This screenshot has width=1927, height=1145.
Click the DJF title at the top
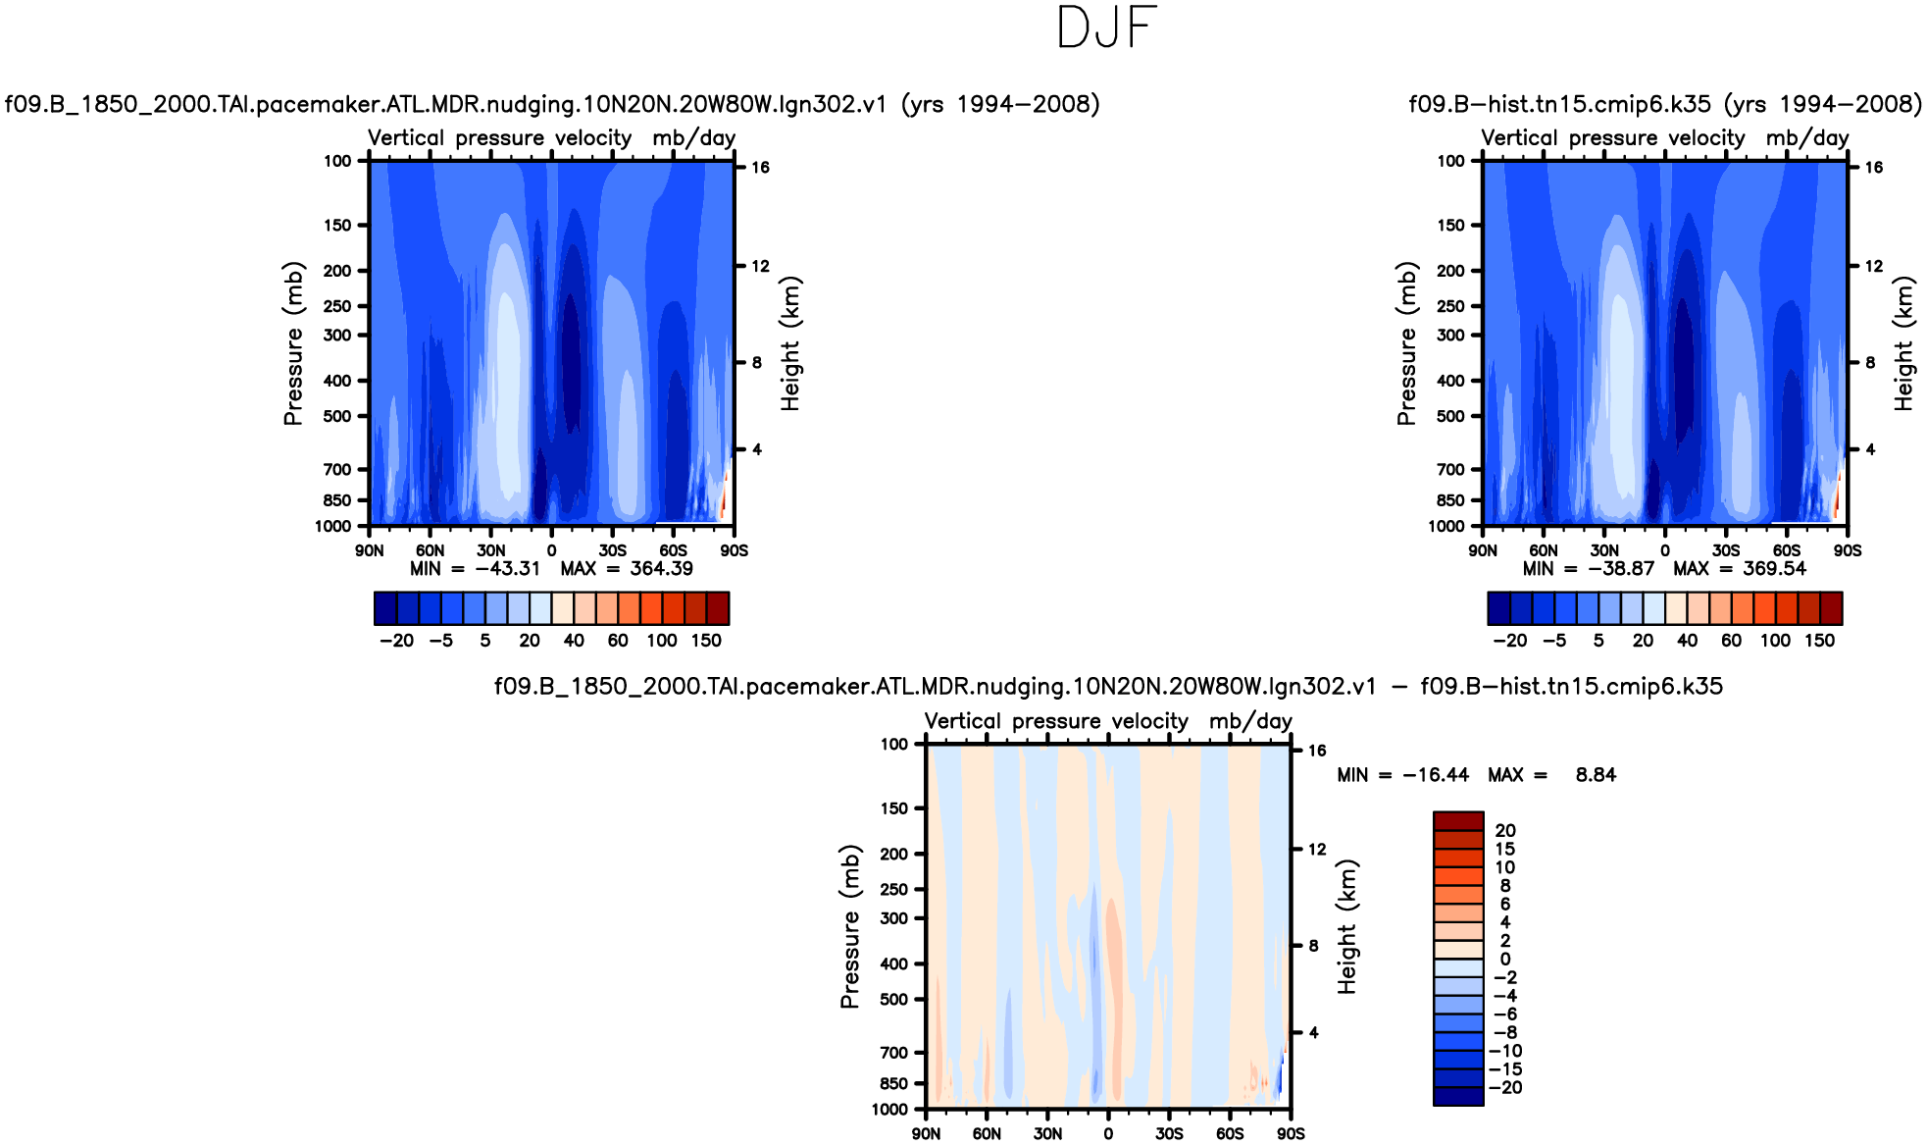coord(1107,27)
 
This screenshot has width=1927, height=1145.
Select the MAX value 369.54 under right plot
coord(1774,569)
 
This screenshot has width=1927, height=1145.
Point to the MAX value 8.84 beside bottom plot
coord(1596,775)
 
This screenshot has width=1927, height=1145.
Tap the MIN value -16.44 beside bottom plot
coord(1436,775)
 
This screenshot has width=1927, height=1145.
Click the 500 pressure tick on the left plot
coord(337,416)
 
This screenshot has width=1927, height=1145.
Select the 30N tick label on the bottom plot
coord(1047,1133)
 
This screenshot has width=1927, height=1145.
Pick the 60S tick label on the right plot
coord(1787,550)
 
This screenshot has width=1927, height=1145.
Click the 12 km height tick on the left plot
coord(760,266)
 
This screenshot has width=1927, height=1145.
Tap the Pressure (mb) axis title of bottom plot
coord(849,926)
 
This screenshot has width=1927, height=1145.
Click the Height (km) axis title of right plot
coord(1903,343)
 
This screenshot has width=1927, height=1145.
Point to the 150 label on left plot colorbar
coord(706,641)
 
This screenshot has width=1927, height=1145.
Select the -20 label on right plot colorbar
coord(1510,641)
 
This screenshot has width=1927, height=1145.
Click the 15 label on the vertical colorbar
coord(1505,849)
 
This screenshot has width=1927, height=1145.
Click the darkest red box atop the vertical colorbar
coord(1458,820)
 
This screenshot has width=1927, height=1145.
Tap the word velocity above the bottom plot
coord(1150,721)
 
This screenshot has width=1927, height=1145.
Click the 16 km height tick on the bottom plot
coord(1317,751)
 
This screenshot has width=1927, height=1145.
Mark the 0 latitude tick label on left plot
coord(552,550)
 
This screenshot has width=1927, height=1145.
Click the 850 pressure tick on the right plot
coord(1450,500)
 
